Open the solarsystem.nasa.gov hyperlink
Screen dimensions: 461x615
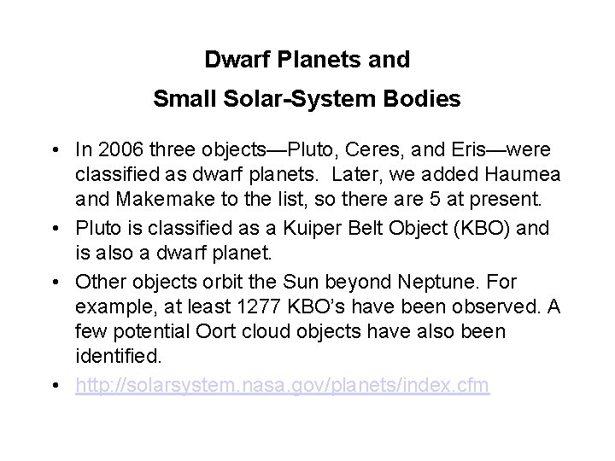click(282, 386)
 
